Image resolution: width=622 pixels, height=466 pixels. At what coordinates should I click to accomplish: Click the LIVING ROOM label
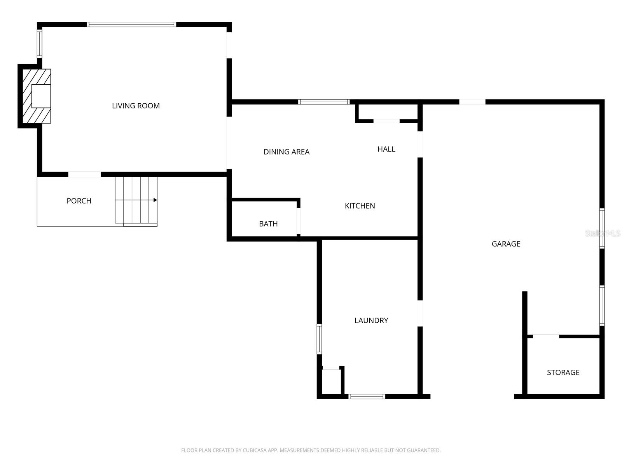point(136,106)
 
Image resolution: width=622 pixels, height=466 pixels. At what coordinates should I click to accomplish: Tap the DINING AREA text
point(287,152)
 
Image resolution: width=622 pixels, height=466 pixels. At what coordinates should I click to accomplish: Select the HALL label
point(386,149)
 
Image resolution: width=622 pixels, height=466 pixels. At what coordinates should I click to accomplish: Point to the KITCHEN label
point(360,206)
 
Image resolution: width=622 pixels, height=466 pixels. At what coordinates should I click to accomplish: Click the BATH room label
point(268,224)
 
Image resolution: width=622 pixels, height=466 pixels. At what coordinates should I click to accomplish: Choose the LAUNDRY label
point(371,320)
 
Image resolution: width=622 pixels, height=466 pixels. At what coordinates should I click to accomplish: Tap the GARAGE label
point(506,244)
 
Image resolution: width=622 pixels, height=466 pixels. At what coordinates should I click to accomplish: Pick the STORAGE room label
point(563,372)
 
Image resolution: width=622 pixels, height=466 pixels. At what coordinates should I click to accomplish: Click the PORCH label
point(79,201)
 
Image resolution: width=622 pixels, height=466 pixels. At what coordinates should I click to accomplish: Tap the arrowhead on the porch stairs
point(155,200)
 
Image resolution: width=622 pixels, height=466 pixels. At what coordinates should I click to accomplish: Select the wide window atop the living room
point(131,24)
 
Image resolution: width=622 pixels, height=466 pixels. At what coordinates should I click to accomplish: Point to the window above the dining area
point(324,102)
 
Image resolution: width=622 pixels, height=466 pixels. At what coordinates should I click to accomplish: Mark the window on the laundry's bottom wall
point(367,396)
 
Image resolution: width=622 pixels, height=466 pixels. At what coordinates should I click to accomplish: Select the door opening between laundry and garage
point(420,313)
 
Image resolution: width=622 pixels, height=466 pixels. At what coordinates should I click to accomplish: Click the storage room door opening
point(546,336)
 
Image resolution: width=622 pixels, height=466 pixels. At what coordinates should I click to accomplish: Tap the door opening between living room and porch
point(84,174)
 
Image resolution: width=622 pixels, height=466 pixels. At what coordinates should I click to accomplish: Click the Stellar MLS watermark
point(603,233)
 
